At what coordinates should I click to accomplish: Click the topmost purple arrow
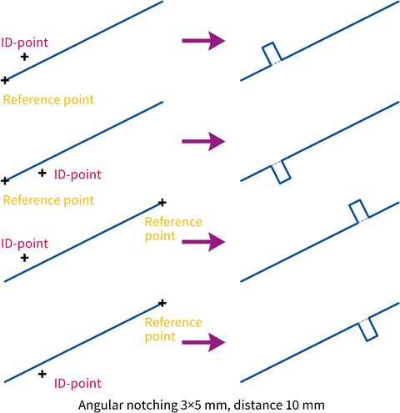click(x=203, y=41)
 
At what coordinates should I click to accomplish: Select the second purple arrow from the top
click(x=203, y=142)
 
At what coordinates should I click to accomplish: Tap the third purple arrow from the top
click(x=203, y=242)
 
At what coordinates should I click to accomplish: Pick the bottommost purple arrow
click(x=203, y=342)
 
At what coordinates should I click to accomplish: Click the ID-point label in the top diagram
click(x=25, y=43)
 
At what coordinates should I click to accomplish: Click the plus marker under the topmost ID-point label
click(x=24, y=57)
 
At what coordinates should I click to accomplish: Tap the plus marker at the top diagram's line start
click(x=5, y=80)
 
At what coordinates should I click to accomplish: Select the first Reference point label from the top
click(x=48, y=100)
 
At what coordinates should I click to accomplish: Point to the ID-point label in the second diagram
click(x=77, y=175)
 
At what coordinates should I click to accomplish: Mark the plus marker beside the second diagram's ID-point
click(x=42, y=173)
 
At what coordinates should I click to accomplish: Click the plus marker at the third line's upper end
click(x=162, y=203)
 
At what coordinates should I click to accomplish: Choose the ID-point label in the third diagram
click(x=25, y=244)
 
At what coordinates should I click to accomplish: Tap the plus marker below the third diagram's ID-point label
click(x=24, y=258)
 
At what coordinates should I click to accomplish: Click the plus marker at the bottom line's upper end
click(x=162, y=303)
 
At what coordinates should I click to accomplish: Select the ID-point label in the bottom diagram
click(x=77, y=384)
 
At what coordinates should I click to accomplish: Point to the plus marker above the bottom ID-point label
click(x=42, y=374)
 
